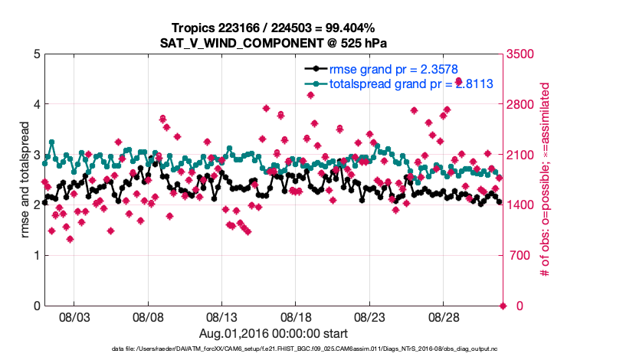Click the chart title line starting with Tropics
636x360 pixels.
tap(274, 27)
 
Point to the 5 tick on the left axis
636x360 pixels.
tap(36, 54)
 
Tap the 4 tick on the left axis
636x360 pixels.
tap(36, 104)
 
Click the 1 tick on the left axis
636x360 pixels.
tap(36, 255)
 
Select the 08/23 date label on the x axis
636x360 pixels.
tap(370, 317)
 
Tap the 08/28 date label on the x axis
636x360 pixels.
tap(444, 317)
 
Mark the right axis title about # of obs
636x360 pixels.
tap(546, 179)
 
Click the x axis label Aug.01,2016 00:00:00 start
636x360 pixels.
tap(274, 333)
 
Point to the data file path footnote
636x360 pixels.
tap(274, 349)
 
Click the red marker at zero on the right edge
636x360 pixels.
tap(503, 306)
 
